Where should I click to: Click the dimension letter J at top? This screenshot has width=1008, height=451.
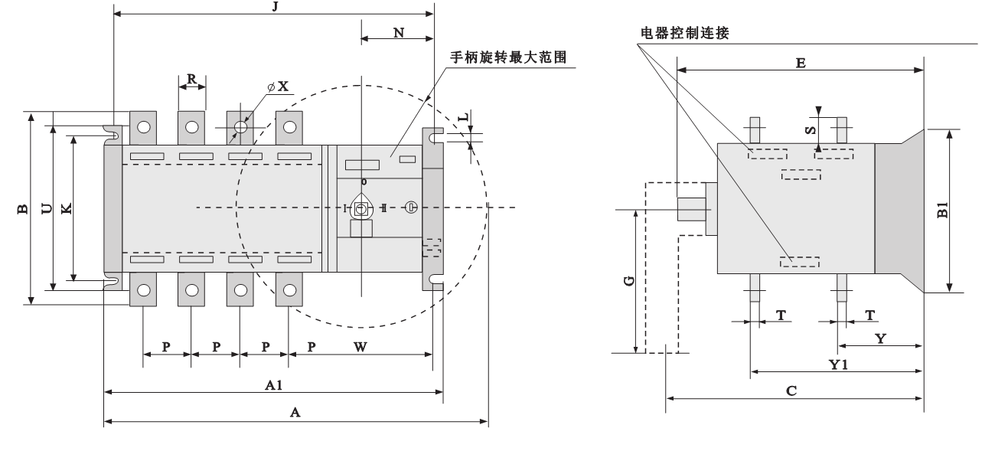[274, 7]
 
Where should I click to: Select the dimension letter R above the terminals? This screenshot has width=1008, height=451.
[192, 79]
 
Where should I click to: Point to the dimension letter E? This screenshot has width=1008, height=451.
[800, 63]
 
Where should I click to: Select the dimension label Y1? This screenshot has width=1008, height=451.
[838, 364]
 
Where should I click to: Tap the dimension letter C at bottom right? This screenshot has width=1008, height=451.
[792, 391]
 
